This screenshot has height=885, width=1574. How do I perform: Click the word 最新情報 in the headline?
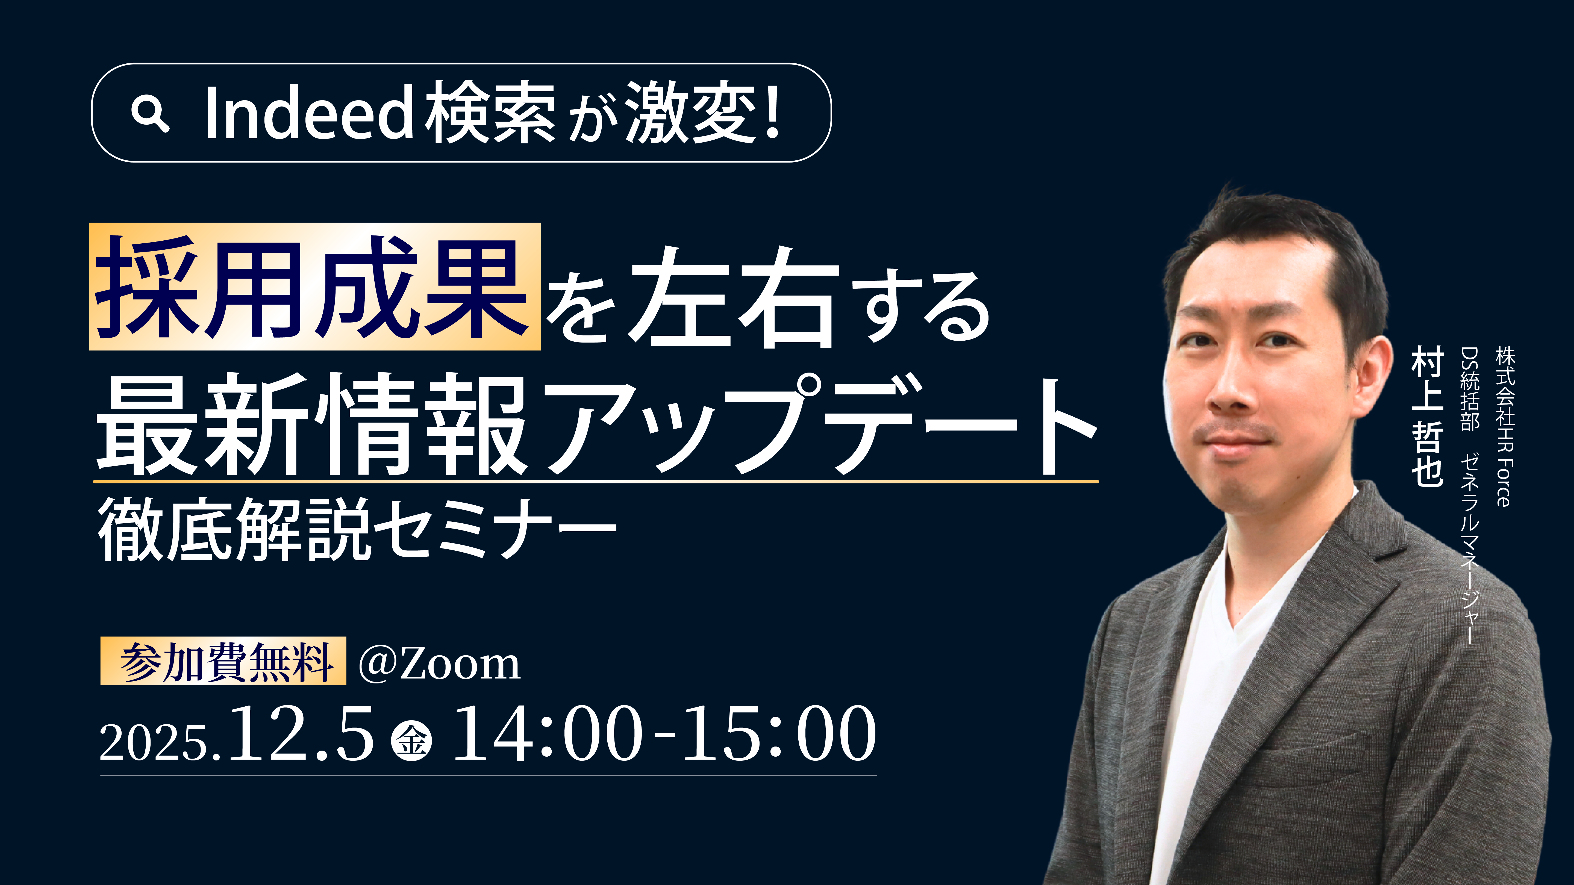click(x=312, y=424)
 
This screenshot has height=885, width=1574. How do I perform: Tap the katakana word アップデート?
click(x=819, y=424)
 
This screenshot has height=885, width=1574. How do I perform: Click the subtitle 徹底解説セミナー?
click(x=357, y=528)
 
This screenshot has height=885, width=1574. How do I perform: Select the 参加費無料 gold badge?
click(x=223, y=662)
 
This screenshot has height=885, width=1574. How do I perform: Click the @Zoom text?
click(x=439, y=664)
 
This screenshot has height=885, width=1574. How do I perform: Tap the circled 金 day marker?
click(x=411, y=741)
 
